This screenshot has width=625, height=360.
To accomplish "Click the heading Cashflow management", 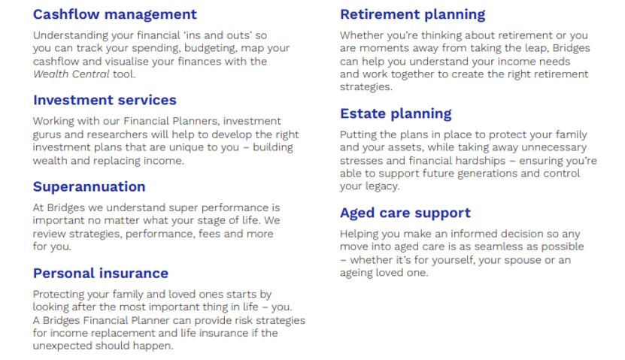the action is pos(115,14).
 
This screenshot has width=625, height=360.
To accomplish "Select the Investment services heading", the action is pos(105,100).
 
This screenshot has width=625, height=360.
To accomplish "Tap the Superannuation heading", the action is pos(90,187).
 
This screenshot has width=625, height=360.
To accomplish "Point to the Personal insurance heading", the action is pos(101,273).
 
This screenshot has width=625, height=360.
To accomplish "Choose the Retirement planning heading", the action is pos(413,15).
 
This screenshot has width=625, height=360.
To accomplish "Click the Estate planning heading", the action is pos(396,114).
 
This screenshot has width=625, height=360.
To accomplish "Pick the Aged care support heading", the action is pos(405,213).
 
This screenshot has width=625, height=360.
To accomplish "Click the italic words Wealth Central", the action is pos(71,74).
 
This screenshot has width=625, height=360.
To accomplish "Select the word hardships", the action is pos(481,161).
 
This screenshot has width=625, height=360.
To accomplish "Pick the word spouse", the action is pos(523,260).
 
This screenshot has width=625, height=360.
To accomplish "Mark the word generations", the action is pos(487,174).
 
